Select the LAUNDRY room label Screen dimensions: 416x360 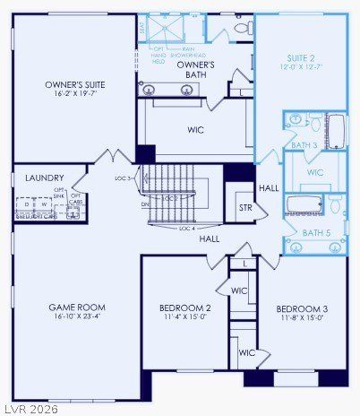[x=44, y=178]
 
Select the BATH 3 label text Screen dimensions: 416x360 [x=304, y=144]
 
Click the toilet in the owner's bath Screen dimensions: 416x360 [x=241, y=28]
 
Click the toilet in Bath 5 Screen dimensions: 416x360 [x=334, y=206]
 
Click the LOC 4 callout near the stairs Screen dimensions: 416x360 [x=211, y=228]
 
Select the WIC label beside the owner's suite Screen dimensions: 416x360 [x=195, y=130]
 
